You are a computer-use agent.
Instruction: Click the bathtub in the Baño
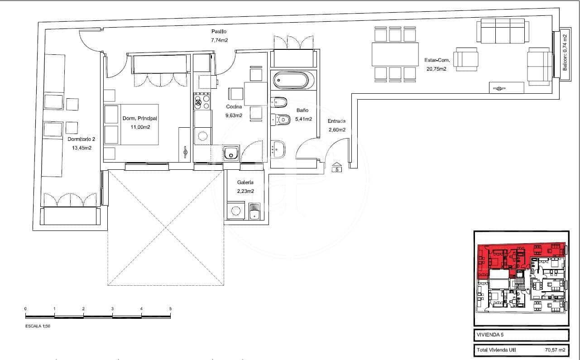(291, 81)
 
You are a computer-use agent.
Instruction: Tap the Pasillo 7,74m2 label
(219, 36)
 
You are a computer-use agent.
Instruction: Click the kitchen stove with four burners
(202, 101)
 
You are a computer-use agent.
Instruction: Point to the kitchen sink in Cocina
(231, 154)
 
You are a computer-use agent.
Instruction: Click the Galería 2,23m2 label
(245, 187)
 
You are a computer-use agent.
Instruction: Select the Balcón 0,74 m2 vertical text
(564, 53)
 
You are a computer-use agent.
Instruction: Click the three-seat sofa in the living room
(503, 31)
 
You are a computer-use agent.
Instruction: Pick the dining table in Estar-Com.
(395, 54)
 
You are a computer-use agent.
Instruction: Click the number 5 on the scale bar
(170, 308)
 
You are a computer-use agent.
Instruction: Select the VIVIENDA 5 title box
(521, 335)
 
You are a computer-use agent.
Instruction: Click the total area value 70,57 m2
(555, 350)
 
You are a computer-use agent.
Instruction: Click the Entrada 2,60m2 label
(337, 125)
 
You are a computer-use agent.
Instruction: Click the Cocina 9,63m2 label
(234, 111)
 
